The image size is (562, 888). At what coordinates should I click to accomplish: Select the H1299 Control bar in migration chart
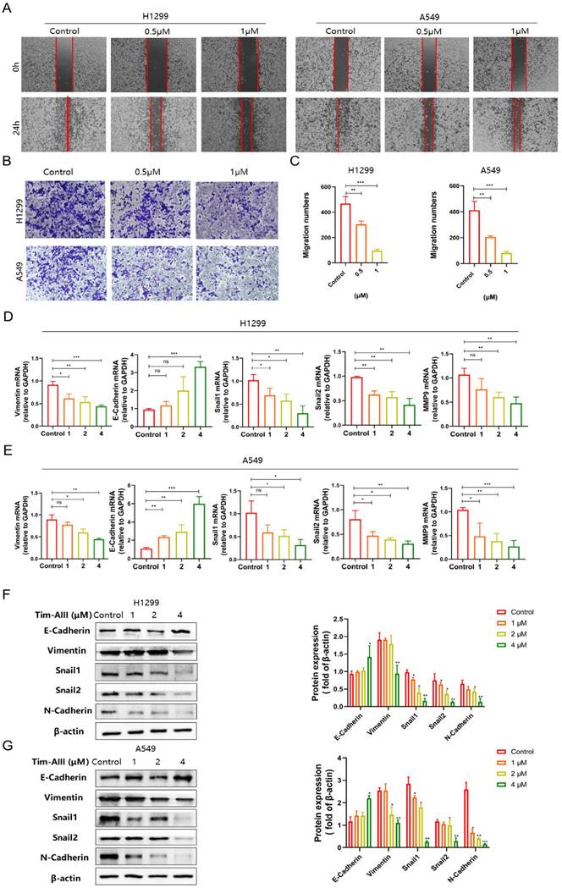(345, 229)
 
